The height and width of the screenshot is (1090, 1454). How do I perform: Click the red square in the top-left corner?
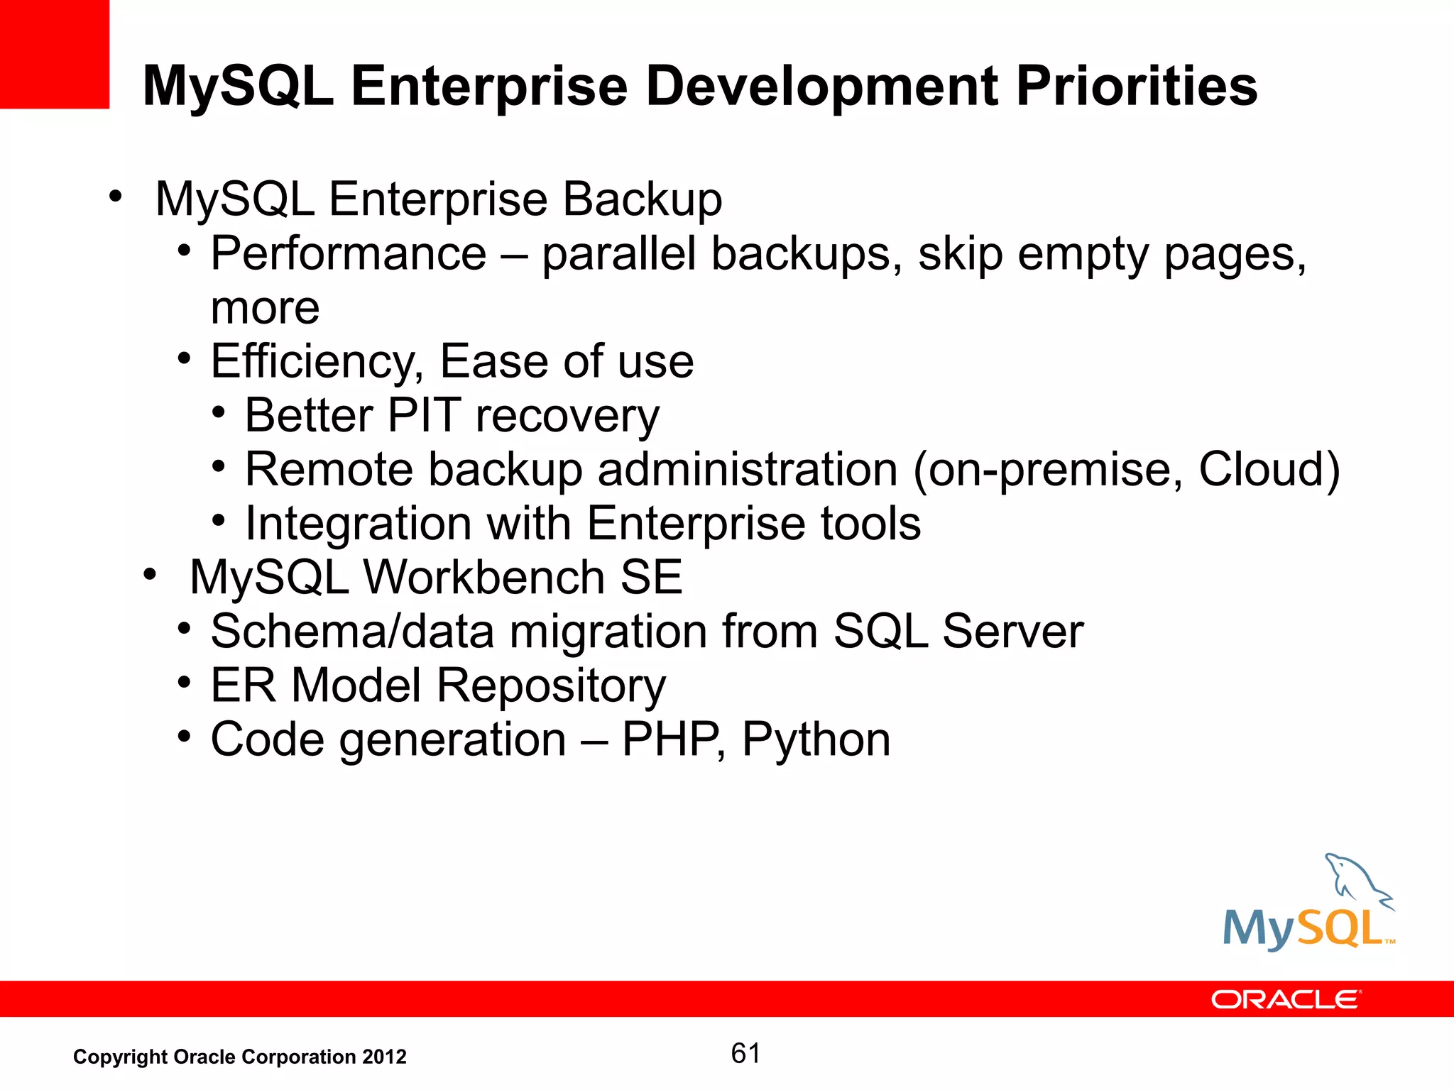point(54,54)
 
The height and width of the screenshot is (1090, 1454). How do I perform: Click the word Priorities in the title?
point(1137,87)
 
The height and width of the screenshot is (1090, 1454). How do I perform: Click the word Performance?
point(349,254)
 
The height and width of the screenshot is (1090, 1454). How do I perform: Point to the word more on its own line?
point(265,309)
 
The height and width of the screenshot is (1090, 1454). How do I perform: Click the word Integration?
point(358,524)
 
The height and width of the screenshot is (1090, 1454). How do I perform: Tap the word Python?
point(816,740)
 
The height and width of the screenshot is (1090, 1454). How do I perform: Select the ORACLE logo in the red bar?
point(1285,1000)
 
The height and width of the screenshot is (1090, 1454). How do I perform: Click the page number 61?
point(745,1054)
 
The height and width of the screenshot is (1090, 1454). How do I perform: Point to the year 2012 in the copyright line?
point(384,1057)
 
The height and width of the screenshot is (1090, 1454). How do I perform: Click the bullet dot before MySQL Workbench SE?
point(148,575)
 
